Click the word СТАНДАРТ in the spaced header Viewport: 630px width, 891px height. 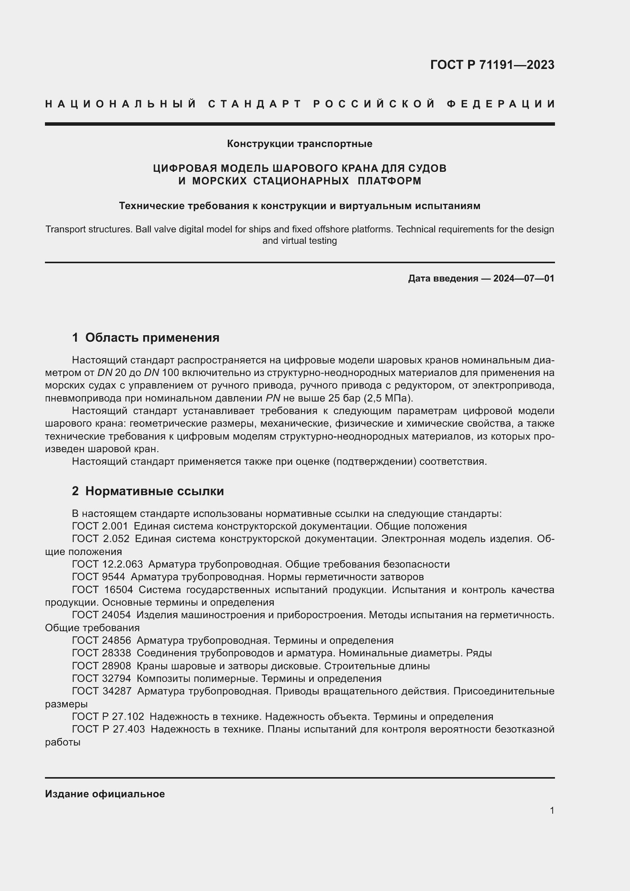pyautogui.click(x=255, y=104)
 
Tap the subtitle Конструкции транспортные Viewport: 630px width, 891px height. pyautogui.click(x=299, y=144)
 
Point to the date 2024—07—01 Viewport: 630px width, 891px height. pyautogui.click(x=524, y=278)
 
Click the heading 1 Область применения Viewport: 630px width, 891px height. pyautogui.click(x=146, y=338)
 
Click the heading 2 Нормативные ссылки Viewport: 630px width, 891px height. pyautogui.click(x=148, y=491)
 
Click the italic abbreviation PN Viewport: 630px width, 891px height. pyautogui.click(x=273, y=398)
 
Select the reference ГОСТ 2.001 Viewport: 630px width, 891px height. pyautogui.click(x=100, y=526)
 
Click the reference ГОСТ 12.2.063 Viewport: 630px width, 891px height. pyautogui.click(x=107, y=564)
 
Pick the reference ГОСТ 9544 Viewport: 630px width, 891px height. pyautogui.click(x=99, y=577)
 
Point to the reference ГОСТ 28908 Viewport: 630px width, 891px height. pyautogui.click(x=101, y=666)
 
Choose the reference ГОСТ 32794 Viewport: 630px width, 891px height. pyautogui.click(x=101, y=679)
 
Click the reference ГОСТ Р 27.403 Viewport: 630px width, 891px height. pyautogui.click(x=108, y=729)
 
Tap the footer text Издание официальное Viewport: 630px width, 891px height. pyautogui.click(x=105, y=794)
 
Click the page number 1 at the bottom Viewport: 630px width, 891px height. pyautogui.click(x=552, y=810)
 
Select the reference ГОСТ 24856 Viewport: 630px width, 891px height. pyautogui.click(x=101, y=641)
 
